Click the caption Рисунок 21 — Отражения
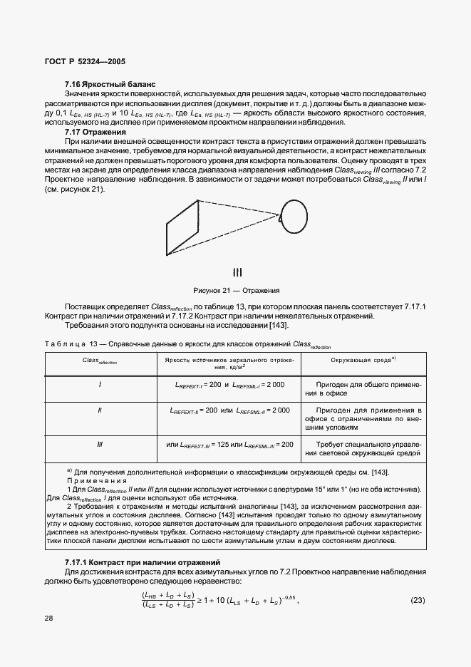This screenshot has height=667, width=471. [235, 290]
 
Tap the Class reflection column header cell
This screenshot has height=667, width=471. [100, 362]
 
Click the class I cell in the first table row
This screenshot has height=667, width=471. [100, 384]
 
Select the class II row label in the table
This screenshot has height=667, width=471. [100, 410]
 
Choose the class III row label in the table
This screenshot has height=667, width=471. [100, 444]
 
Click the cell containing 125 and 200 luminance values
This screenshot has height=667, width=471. [229, 445]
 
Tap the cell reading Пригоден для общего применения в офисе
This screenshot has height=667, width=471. [364, 388]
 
